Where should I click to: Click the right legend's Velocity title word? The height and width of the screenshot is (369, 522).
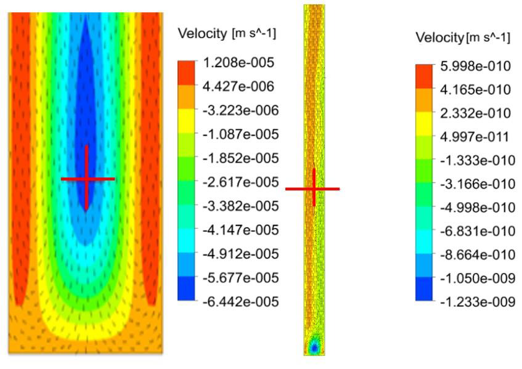[440, 38]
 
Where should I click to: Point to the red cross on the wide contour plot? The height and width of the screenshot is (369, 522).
[87, 179]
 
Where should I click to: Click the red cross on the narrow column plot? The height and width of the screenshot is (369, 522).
[313, 188]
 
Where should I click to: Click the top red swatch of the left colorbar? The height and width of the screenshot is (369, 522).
[186, 71]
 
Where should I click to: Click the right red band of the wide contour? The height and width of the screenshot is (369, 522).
[150, 154]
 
